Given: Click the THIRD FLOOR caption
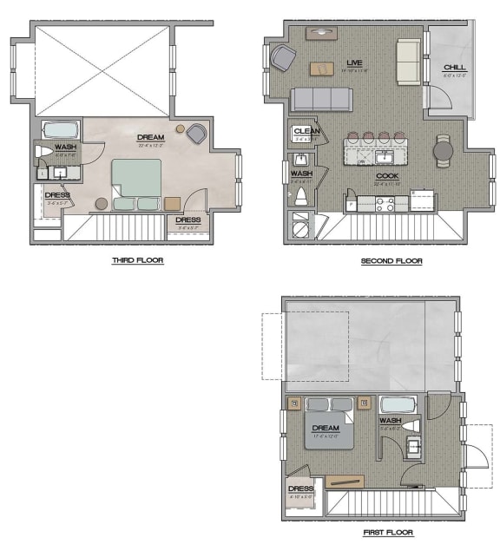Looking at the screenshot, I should pos(137,260).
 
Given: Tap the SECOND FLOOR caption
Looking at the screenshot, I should pos(391,260).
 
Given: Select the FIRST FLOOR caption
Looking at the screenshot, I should pos(388,533).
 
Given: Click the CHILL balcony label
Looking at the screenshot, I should pos(454,68).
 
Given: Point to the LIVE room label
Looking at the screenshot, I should pos(353,63).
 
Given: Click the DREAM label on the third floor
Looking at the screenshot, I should pos(151,137).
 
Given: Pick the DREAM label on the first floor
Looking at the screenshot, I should pos(326,427).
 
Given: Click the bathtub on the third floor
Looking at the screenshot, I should pos(61,131).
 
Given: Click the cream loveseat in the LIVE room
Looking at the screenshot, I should pos(408,61).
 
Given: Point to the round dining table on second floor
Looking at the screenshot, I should pos(444,152).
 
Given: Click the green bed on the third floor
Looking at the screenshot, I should pos(136,182).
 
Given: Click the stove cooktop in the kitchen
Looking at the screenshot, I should pos(384,204).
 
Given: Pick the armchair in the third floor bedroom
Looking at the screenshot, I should pos(196,134).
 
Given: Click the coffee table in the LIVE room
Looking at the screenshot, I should pos(321,68).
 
